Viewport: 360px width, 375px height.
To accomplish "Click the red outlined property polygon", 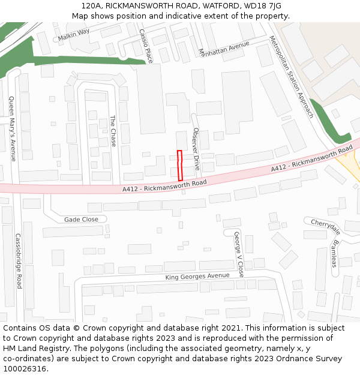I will pos(180,165).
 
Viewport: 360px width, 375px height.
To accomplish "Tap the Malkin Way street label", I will pos(73,35).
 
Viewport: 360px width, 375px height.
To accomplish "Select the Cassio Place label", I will pos(146,46).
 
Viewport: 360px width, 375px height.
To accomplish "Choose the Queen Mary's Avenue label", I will pos(12,129).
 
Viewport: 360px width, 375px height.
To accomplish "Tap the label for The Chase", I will pos(112,131).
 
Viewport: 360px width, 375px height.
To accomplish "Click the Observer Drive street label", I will pos(196,148).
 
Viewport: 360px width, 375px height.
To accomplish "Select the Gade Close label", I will pos(81,220).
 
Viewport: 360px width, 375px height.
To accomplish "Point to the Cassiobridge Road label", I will pos(18,260).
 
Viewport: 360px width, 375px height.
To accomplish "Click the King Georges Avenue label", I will pos(197,276).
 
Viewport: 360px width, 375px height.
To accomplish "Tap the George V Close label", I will pos(239,254).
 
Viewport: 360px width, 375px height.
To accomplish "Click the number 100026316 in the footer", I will pos(25,369).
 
